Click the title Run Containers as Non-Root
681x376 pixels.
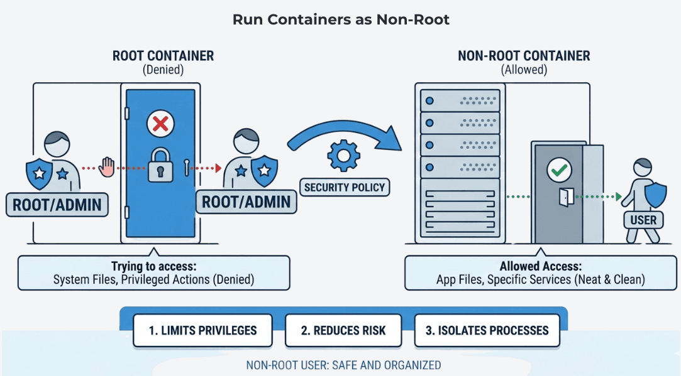tap(341, 19)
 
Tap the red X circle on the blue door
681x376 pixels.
tap(160, 124)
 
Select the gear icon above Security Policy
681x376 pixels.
tap(344, 156)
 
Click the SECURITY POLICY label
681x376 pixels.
tap(345, 187)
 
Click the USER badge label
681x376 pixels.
tap(643, 220)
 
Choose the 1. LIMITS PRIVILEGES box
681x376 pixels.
tap(202, 330)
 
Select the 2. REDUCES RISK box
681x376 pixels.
tap(343, 330)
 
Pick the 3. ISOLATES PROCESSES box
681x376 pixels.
tap(487, 330)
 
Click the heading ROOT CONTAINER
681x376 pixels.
tap(163, 56)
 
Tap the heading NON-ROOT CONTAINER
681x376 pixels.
tap(524, 56)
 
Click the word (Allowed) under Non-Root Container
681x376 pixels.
tap(524, 70)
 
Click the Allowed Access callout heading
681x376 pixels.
tap(540, 267)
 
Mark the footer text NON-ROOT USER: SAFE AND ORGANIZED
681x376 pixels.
tap(343, 365)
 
